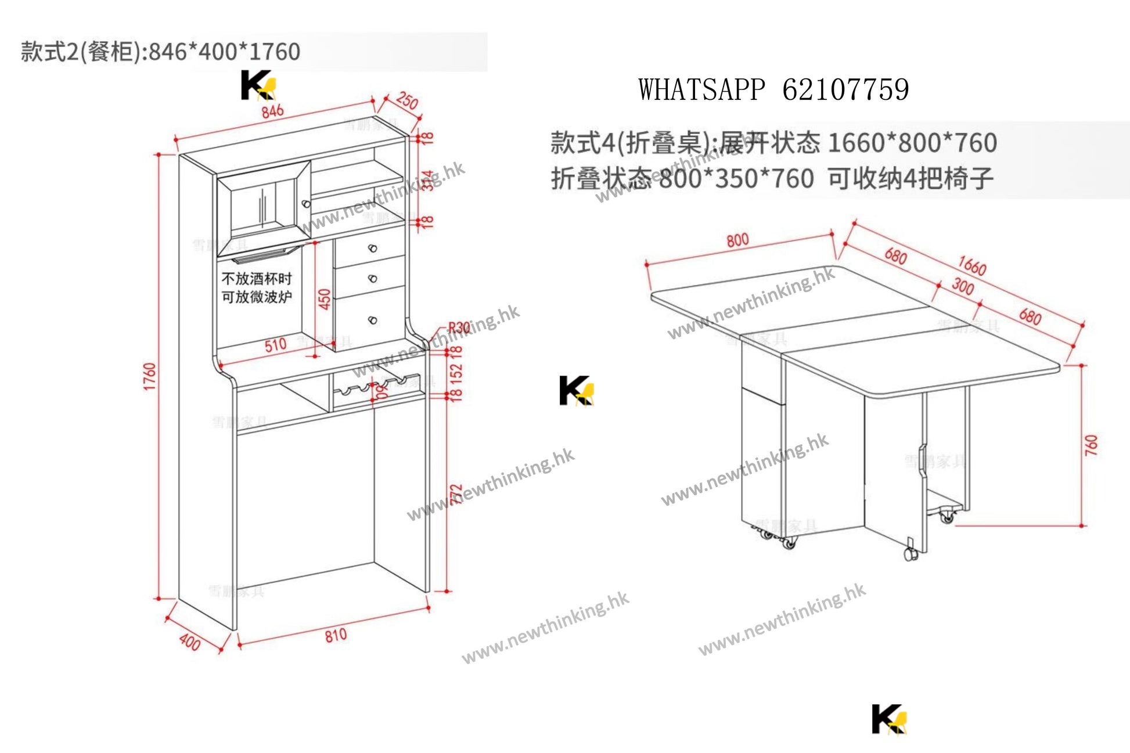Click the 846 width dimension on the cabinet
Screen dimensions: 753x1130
click(272, 111)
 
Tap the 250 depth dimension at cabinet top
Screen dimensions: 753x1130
click(407, 100)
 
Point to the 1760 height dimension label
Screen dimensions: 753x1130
click(150, 376)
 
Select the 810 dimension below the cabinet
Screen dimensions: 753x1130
click(336, 635)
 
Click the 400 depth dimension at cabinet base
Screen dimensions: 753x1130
click(190, 642)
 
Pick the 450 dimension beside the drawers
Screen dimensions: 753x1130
click(325, 298)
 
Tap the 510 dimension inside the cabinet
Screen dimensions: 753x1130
click(275, 345)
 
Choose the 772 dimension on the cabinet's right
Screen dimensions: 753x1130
click(456, 493)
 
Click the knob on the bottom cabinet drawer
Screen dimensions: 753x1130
click(373, 320)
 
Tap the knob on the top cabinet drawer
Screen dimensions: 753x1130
click(373, 248)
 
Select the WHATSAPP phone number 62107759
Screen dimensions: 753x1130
click(845, 90)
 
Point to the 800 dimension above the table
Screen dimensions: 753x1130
click(737, 240)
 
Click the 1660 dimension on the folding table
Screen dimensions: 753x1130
click(972, 265)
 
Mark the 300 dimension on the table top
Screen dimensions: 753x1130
click(962, 286)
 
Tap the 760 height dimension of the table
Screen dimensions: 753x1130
click(1091, 445)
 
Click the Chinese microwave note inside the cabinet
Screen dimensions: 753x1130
click(257, 288)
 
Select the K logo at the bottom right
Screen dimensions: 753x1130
click(888, 719)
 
